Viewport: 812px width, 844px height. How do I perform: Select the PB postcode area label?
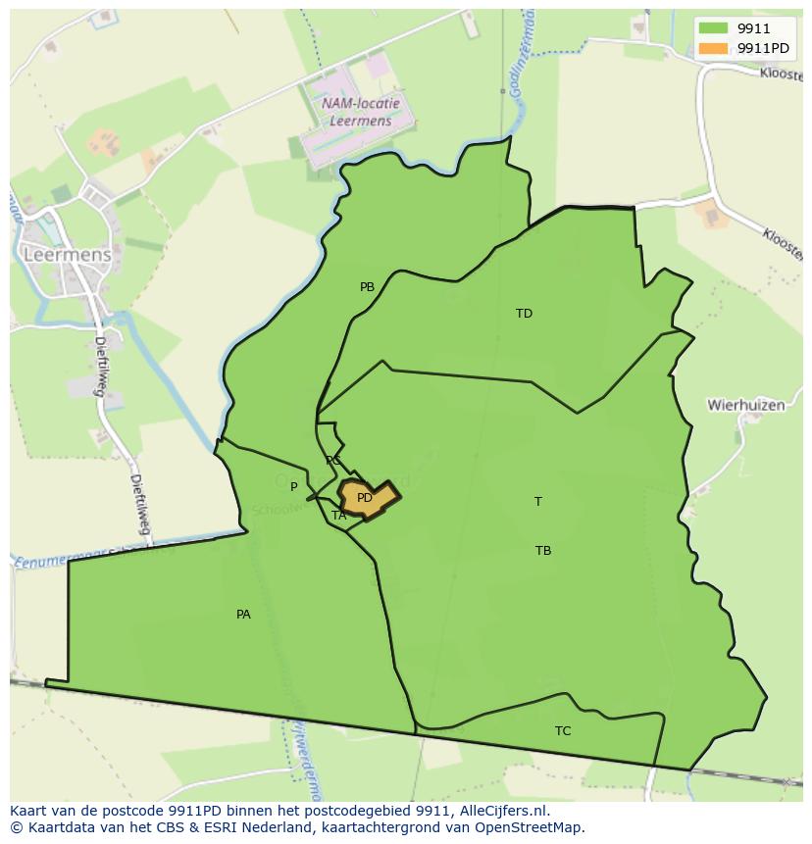tap(367, 287)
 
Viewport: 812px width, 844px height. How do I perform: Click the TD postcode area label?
tap(524, 314)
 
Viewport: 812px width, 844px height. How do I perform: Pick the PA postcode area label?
tap(243, 615)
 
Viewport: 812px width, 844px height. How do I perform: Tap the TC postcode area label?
tap(562, 731)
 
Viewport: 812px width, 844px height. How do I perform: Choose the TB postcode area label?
tap(542, 551)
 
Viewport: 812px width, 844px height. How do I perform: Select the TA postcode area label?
tap(338, 516)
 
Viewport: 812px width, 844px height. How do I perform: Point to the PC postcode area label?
tap(333, 461)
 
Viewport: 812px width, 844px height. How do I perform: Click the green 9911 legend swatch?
tap(713, 28)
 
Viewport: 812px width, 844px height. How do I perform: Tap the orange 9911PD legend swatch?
tap(713, 48)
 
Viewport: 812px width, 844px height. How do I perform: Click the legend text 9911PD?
tap(762, 48)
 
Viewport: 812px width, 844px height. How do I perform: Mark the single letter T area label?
tap(537, 502)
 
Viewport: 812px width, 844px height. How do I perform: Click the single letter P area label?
tap(293, 486)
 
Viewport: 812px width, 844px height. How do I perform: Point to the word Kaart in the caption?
tap(29, 811)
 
